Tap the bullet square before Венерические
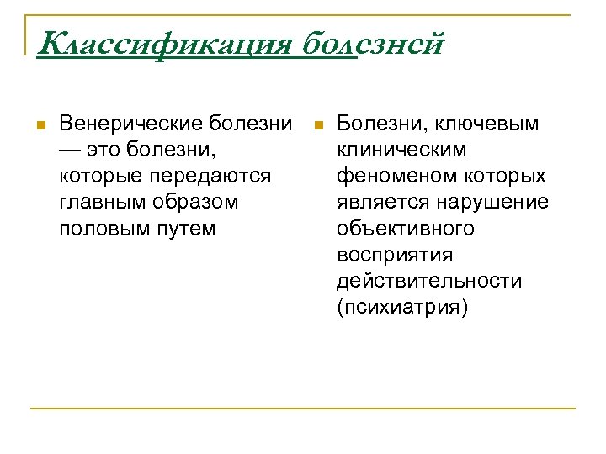click(x=39, y=126)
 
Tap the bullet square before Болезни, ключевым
click(x=318, y=126)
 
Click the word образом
click(x=196, y=203)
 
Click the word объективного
click(x=405, y=229)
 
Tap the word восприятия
click(x=394, y=255)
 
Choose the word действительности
click(x=428, y=281)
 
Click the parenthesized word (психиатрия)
click(x=401, y=307)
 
